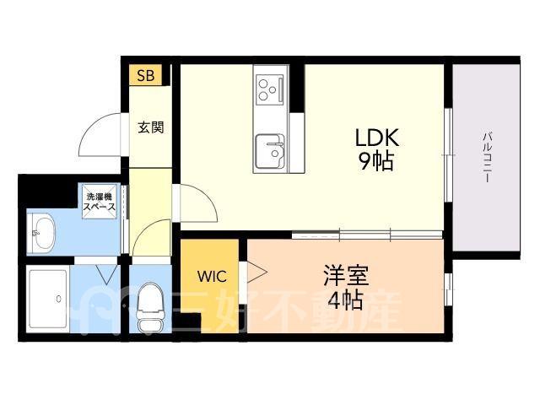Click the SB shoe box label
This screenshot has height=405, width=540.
(146, 75)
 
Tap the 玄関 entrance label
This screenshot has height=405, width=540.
(151, 127)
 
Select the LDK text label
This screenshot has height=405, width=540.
(377, 138)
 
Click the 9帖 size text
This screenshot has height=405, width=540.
(376, 161)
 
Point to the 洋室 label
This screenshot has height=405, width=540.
(346, 276)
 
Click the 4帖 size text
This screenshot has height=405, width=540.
(345, 300)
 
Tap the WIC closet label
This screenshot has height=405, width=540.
(212, 276)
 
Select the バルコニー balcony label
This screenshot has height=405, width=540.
(487, 157)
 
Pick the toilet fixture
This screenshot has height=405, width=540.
(150, 307)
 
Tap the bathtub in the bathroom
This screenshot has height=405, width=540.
(48, 299)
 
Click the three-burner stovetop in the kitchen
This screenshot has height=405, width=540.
(270, 89)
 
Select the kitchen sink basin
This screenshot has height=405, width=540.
(270, 151)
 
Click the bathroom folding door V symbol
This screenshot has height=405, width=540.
(107, 274)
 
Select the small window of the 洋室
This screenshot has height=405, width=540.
(448, 289)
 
